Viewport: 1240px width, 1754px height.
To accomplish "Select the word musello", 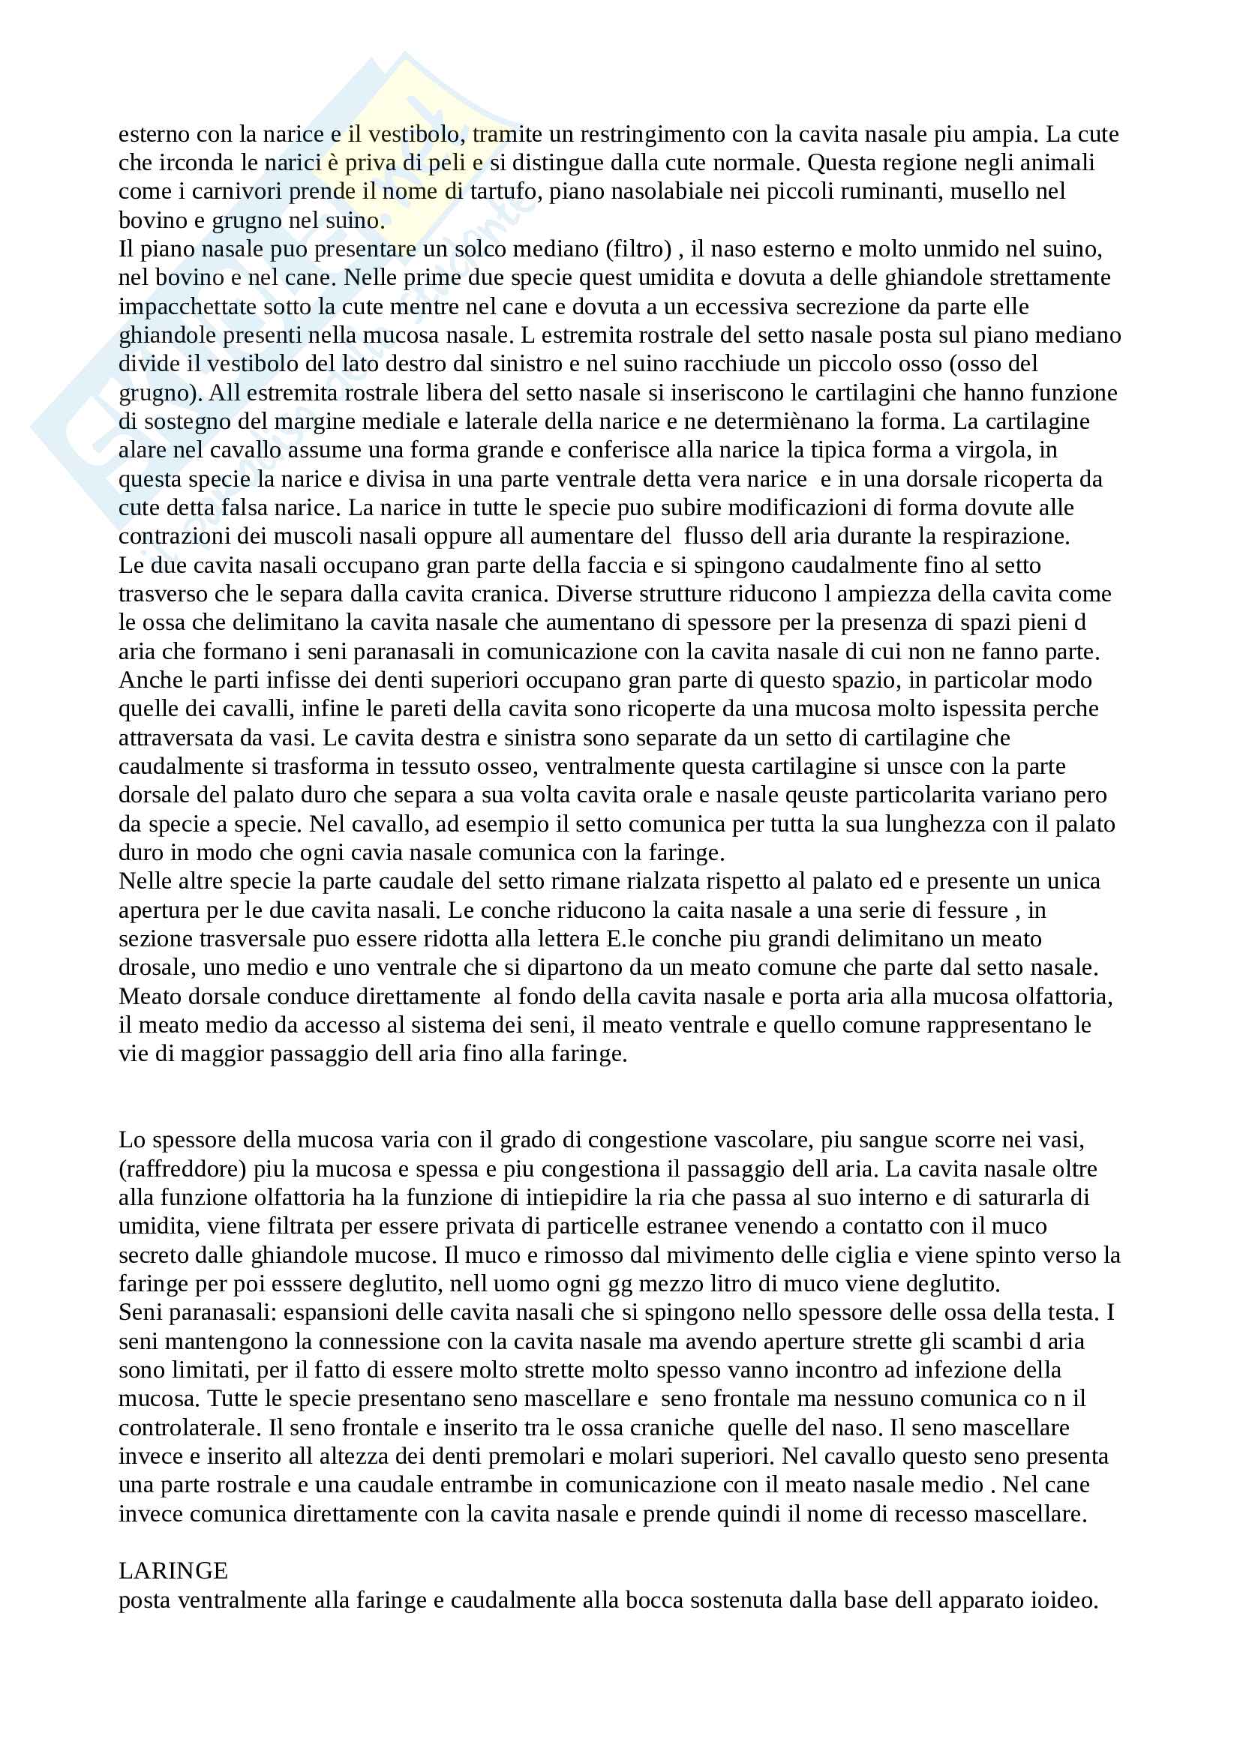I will [992, 191].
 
